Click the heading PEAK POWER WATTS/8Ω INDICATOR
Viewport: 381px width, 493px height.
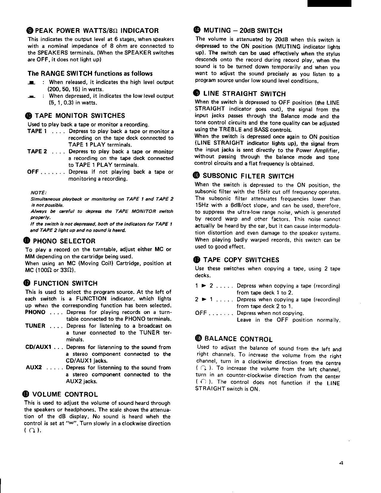[x=97, y=30]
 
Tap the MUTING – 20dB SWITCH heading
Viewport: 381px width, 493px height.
[x=242, y=30]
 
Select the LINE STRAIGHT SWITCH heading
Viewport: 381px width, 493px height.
[x=244, y=94]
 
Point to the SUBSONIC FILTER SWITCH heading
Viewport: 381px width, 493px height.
[x=248, y=176]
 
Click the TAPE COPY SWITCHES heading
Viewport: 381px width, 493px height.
[x=241, y=260]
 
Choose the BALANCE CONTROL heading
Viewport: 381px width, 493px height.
[x=238, y=339]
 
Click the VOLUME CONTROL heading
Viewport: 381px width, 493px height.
[x=65, y=394]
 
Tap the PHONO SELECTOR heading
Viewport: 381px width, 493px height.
[x=64, y=241]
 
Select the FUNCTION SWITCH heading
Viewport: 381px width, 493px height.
[x=65, y=283]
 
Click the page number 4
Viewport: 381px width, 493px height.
[x=341, y=463]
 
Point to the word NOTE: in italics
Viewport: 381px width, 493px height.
[x=38, y=192]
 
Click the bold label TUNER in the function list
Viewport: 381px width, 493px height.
[x=35, y=326]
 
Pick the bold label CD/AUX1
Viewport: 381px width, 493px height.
[x=38, y=347]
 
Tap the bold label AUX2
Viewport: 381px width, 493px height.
[x=33, y=367]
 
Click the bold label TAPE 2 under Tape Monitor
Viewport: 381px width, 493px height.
[x=37, y=152]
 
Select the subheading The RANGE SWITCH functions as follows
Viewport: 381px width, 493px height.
[x=90, y=74]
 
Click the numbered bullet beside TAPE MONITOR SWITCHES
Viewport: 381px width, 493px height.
[x=30, y=116]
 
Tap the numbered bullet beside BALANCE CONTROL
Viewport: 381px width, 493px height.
[x=198, y=338]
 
